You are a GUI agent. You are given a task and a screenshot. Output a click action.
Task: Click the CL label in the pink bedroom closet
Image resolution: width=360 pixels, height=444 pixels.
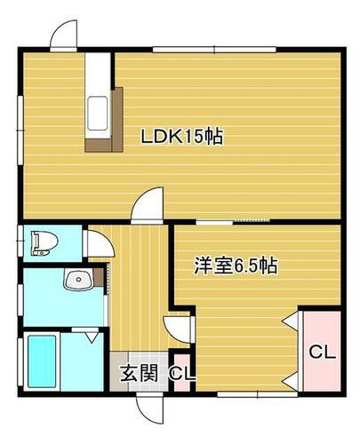click(322, 352)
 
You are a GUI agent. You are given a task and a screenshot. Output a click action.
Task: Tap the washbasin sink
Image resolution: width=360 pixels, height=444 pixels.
click(76, 281)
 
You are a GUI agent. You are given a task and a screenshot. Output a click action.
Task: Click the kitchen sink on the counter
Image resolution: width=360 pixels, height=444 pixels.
click(96, 113)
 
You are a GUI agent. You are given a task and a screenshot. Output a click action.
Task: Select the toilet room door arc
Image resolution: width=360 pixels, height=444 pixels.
click(94, 243)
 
